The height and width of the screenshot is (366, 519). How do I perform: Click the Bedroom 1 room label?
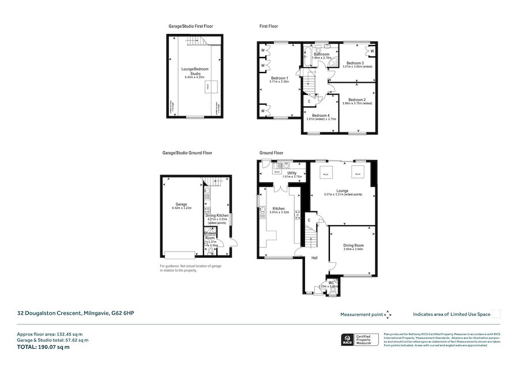(x=279, y=78)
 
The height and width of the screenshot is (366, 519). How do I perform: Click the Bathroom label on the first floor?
(x=322, y=54)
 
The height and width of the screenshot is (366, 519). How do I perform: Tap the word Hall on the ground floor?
(x=315, y=258)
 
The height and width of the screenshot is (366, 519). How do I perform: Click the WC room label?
(x=331, y=282)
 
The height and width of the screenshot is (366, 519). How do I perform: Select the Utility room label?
(x=292, y=173)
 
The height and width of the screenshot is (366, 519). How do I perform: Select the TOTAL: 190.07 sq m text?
(x=39, y=348)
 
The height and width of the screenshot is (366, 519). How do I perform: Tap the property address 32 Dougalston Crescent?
(x=75, y=313)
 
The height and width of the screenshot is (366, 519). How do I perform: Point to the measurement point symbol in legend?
(x=388, y=314)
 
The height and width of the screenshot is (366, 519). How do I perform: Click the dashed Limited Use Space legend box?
(x=497, y=314)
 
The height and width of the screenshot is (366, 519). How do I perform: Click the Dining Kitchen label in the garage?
(x=217, y=215)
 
